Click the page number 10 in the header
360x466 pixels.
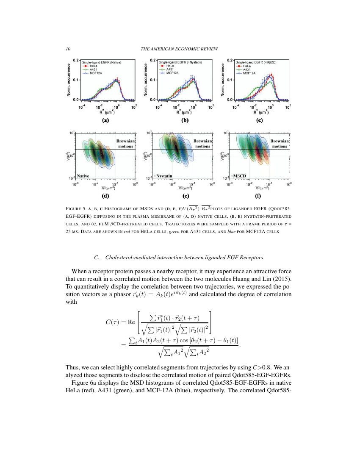click(x=68, y=49)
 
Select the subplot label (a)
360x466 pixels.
click(x=105, y=120)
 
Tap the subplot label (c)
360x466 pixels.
click(x=259, y=120)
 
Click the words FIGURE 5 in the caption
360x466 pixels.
click(x=77, y=208)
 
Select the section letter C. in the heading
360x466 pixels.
click(x=97, y=257)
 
